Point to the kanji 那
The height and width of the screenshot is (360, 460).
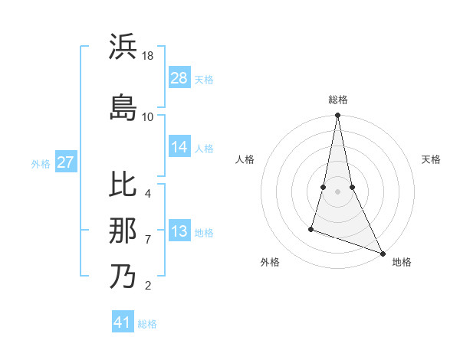pyautogui.click(x=123, y=231)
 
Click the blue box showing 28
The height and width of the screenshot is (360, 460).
pyautogui.click(x=179, y=79)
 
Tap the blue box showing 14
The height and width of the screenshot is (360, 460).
pyautogui.click(x=179, y=148)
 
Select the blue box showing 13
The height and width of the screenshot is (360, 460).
pyautogui.click(x=179, y=232)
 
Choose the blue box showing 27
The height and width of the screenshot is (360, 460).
pyautogui.click(x=66, y=163)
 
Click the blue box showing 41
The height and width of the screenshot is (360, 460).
pyautogui.click(x=123, y=323)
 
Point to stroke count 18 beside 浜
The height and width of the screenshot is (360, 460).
pyautogui.click(x=149, y=55)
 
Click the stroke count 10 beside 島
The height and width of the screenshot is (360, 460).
pyautogui.click(x=148, y=116)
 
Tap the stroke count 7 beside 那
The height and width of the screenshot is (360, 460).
pyautogui.click(x=148, y=239)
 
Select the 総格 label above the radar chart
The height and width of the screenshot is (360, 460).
pyautogui.click(x=338, y=100)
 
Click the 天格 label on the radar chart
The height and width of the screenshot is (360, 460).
pyautogui.click(x=431, y=159)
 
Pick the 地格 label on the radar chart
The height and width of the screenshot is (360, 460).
pyautogui.click(x=402, y=262)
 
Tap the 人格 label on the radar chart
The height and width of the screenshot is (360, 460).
pyautogui.click(x=245, y=159)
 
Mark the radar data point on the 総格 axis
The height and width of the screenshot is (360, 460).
pyautogui.click(x=337, y=116)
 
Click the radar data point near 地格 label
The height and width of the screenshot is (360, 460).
pyautogui.click(x=382, y=253)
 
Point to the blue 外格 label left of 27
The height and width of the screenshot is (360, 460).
pyautogui.click(x=41, y=164)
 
